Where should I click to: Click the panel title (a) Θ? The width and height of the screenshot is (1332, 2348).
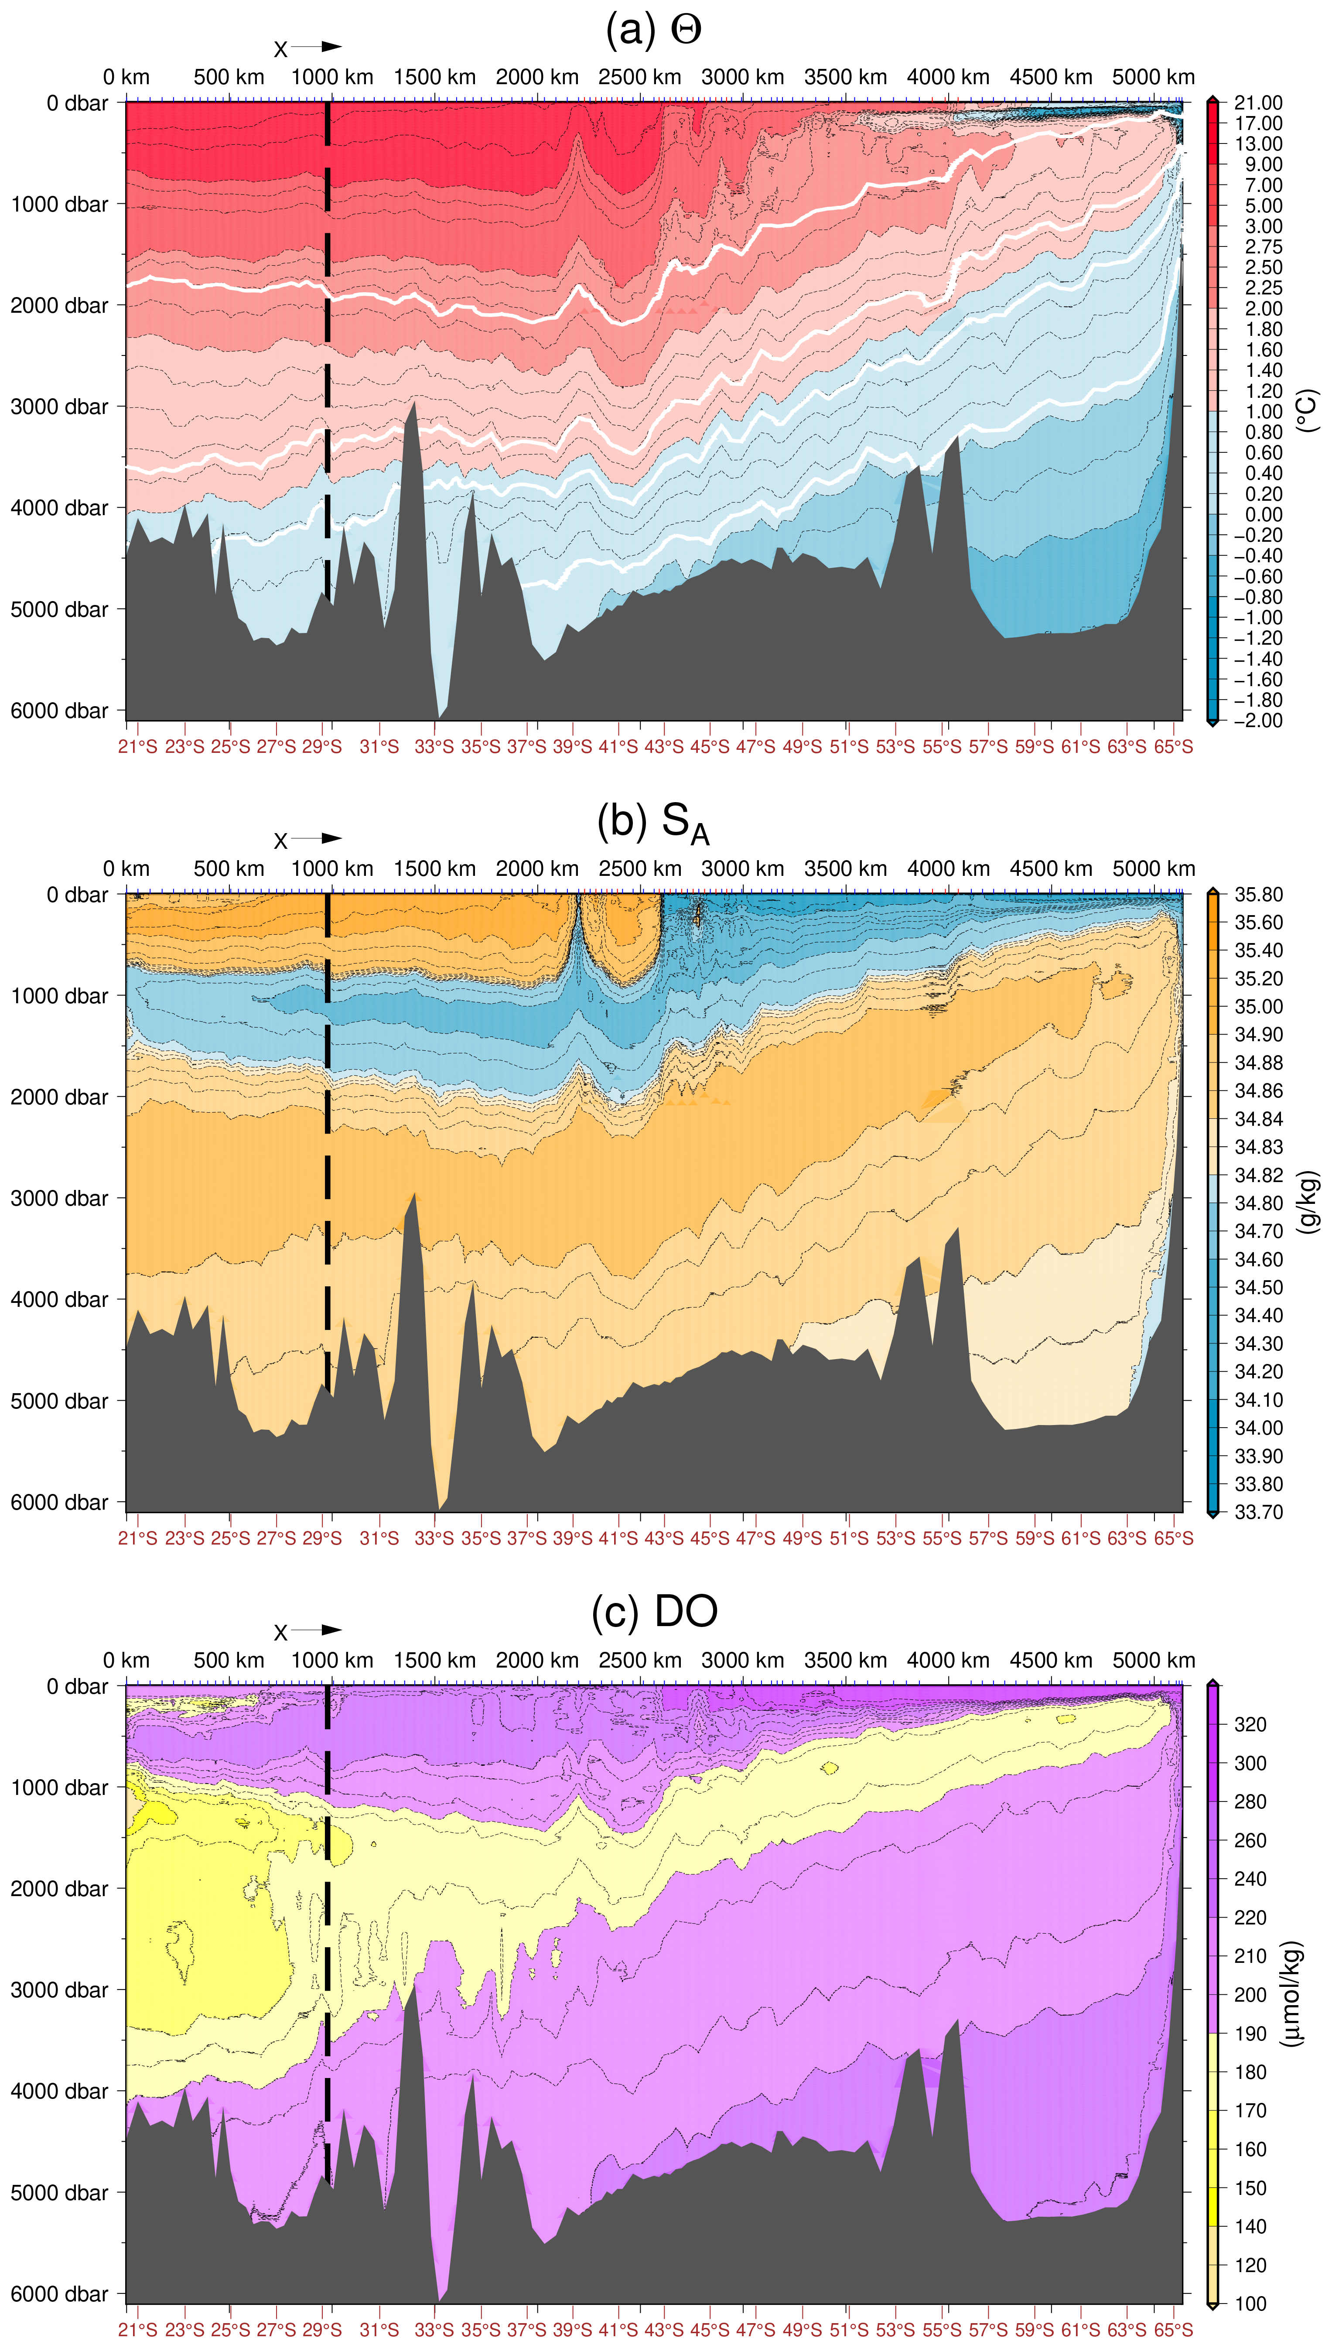pyautogui.click(x=653, y=30)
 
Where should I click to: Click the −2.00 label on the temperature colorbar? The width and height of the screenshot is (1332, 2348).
pyautogui.click(x=1258, y=721)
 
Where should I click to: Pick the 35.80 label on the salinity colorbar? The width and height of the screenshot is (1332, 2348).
pyautogui.click(x=1258, y=895)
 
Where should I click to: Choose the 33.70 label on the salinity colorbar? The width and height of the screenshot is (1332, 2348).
pyautogui.click(x=1258, y=1512)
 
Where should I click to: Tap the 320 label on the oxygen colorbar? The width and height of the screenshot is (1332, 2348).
pyautogui.click(x=1250, y=1724)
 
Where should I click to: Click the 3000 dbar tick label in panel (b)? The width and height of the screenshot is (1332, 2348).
pyautogui.click(x=59, y=1198)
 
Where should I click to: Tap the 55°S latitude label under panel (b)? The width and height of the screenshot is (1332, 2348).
pyautogui.click(x=941, y=1538)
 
